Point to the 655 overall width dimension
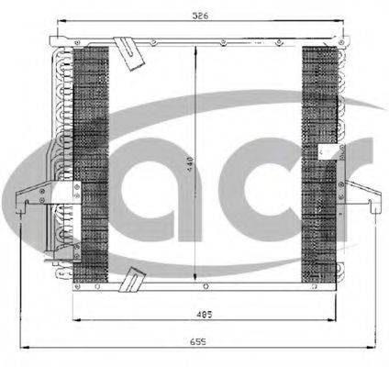tap(196, 342)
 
